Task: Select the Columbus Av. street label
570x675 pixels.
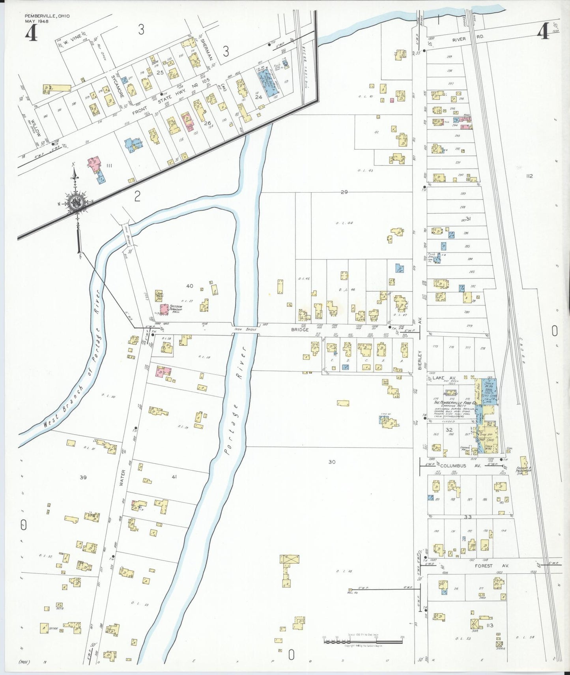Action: (453, 466)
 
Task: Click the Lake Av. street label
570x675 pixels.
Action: (438, 378)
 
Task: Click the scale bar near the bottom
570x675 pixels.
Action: (363, 641)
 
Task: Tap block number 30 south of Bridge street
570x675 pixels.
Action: (332, 461)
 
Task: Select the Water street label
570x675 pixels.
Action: (122, 478)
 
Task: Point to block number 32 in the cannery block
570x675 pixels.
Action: (449, 430)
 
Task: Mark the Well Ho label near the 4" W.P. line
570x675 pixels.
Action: (352, 593)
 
